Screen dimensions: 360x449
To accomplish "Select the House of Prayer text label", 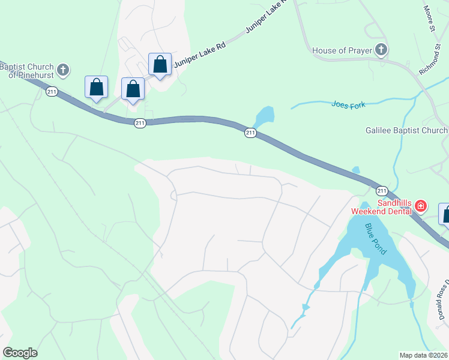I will click(342, 50).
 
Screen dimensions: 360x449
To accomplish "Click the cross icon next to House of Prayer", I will click(381, 50).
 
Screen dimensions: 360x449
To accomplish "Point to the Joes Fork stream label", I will click(348, 104).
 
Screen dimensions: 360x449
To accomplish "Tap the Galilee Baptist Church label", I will click(406, 131).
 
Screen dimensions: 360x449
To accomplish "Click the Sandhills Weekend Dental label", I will click(382, 207).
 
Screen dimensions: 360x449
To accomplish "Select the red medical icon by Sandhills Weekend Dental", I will click(421, 207).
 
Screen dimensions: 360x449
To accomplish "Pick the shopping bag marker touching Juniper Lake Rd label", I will click(160, 64).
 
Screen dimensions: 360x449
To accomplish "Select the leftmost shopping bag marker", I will click(96, 87).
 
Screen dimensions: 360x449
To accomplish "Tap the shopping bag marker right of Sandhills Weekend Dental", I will click(445, 214).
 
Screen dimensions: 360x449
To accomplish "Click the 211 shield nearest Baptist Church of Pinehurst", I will click(52, 91).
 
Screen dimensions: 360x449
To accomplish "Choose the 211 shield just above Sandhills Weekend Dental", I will click(382, 191).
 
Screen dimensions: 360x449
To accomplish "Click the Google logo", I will click(20, 353).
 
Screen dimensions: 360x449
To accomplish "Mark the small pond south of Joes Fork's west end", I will click(264, 115).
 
